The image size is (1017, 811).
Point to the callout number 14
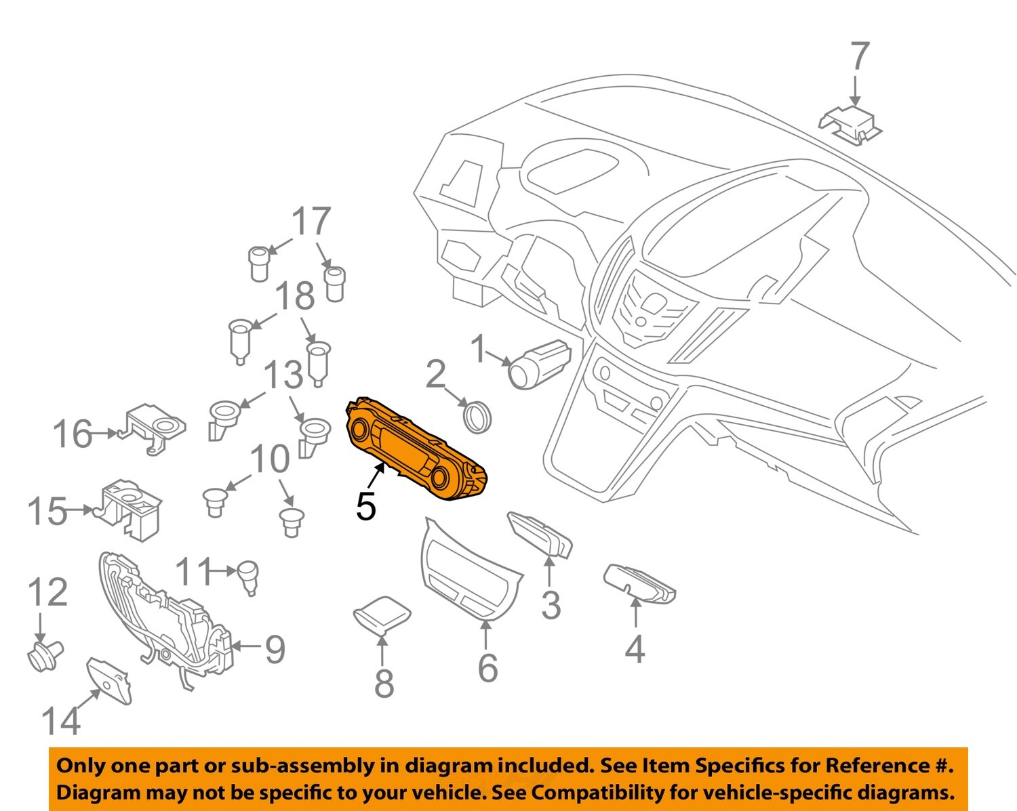pyautogui.click(x=61, y=720)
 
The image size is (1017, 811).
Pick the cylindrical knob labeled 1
pyautogui.click(x=540, y=363)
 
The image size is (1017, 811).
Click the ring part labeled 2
pyautogui.click(x=477, y=415)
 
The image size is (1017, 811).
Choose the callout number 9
pyautogui.click(x=275, y=649)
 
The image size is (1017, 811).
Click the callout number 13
pyautogui.click(x=283, y=375)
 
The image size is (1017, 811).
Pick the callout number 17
pyautogui.click(x=311, y=221)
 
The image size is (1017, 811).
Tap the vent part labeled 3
pyautogui.click(x=540, y=533)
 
